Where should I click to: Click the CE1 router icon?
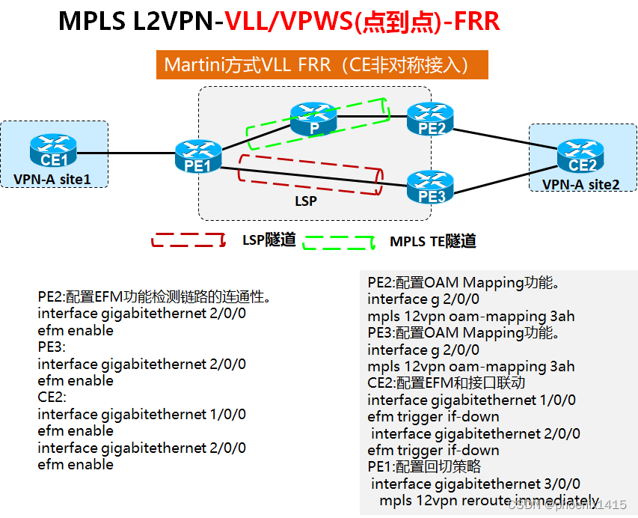52,150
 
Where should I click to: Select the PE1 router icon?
198,156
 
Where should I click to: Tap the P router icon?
314,118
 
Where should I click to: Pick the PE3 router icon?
431,187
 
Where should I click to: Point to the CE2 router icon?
580,155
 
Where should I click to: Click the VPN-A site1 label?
52,180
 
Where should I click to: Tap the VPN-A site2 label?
580,184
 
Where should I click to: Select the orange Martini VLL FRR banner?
322,65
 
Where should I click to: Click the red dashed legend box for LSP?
188,241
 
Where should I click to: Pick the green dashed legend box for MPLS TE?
337,243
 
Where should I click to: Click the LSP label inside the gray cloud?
306,201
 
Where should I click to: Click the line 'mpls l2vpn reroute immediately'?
489,501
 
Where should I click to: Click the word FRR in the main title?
475,20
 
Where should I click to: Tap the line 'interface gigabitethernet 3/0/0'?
476,484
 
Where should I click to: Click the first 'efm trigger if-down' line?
433,417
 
